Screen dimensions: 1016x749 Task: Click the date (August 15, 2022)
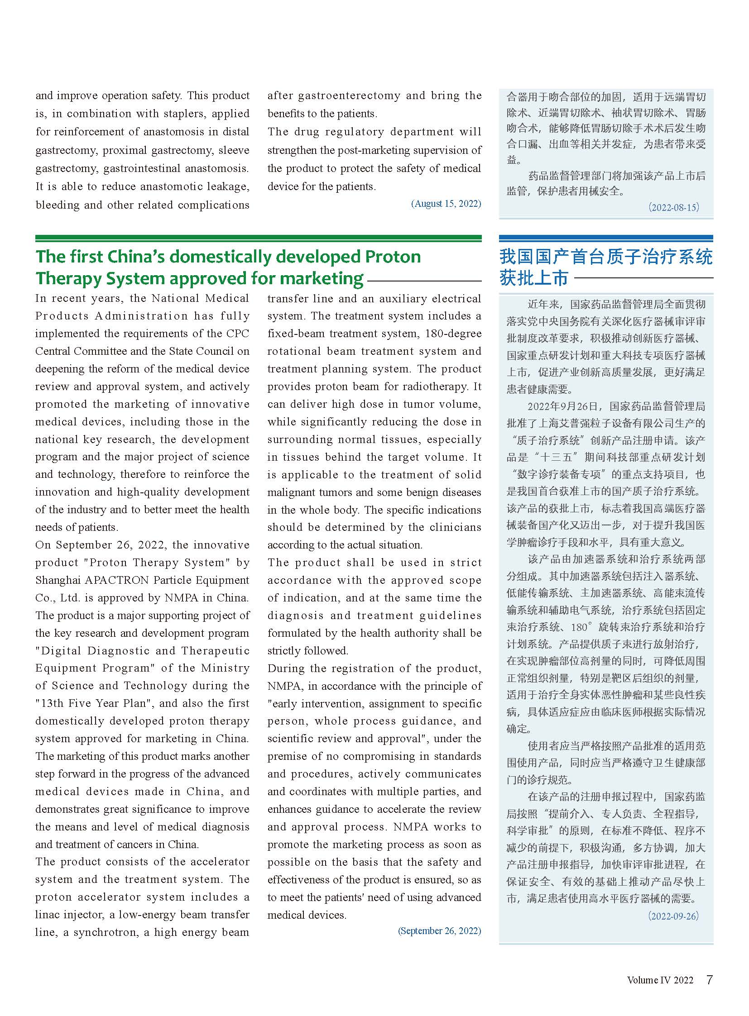(446, 204)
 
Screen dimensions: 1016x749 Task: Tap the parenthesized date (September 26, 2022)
(439, 931)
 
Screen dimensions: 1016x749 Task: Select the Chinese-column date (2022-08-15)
(673, 207)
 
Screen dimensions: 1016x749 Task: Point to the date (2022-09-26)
(673, 916)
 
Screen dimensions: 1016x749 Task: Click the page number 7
(710, 980)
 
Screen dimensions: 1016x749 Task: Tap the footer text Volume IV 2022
(660, 980)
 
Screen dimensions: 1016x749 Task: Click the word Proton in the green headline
(393, 257)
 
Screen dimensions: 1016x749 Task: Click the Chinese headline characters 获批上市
(533, 278)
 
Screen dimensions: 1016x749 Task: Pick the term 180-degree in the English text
(453, 334)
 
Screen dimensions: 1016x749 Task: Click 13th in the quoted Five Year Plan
(49, 703)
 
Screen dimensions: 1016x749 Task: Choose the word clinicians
(455, 528)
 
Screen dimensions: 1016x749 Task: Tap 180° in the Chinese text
(582, 627)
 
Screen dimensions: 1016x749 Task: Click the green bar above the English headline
(258, 238)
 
